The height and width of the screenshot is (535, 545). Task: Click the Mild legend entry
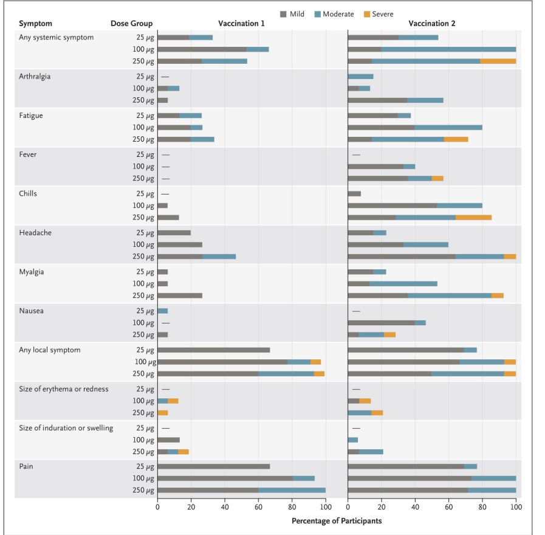292,14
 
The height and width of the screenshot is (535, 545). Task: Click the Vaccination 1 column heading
241,24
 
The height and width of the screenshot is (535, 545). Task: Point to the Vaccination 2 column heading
431,24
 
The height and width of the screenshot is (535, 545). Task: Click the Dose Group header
131,24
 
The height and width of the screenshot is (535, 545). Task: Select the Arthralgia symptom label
35,77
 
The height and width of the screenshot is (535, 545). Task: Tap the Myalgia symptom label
31,272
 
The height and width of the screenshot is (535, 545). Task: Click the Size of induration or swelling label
66,428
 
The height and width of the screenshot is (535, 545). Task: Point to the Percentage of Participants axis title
337,520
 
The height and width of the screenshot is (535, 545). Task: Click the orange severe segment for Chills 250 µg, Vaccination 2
473,217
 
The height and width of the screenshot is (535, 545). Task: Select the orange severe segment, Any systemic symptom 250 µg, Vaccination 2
498,61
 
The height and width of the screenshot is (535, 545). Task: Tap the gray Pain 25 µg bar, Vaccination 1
213,466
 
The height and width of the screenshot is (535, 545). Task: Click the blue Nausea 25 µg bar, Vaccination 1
162,311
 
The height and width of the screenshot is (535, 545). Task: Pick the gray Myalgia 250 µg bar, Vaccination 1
180,295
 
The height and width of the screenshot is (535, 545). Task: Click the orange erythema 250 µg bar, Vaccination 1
162,412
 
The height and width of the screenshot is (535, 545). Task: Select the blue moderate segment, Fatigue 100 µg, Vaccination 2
448,127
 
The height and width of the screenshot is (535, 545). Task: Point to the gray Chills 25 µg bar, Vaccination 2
354,194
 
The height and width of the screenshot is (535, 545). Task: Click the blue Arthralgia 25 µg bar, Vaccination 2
360,77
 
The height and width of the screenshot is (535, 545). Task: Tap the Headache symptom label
35,233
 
